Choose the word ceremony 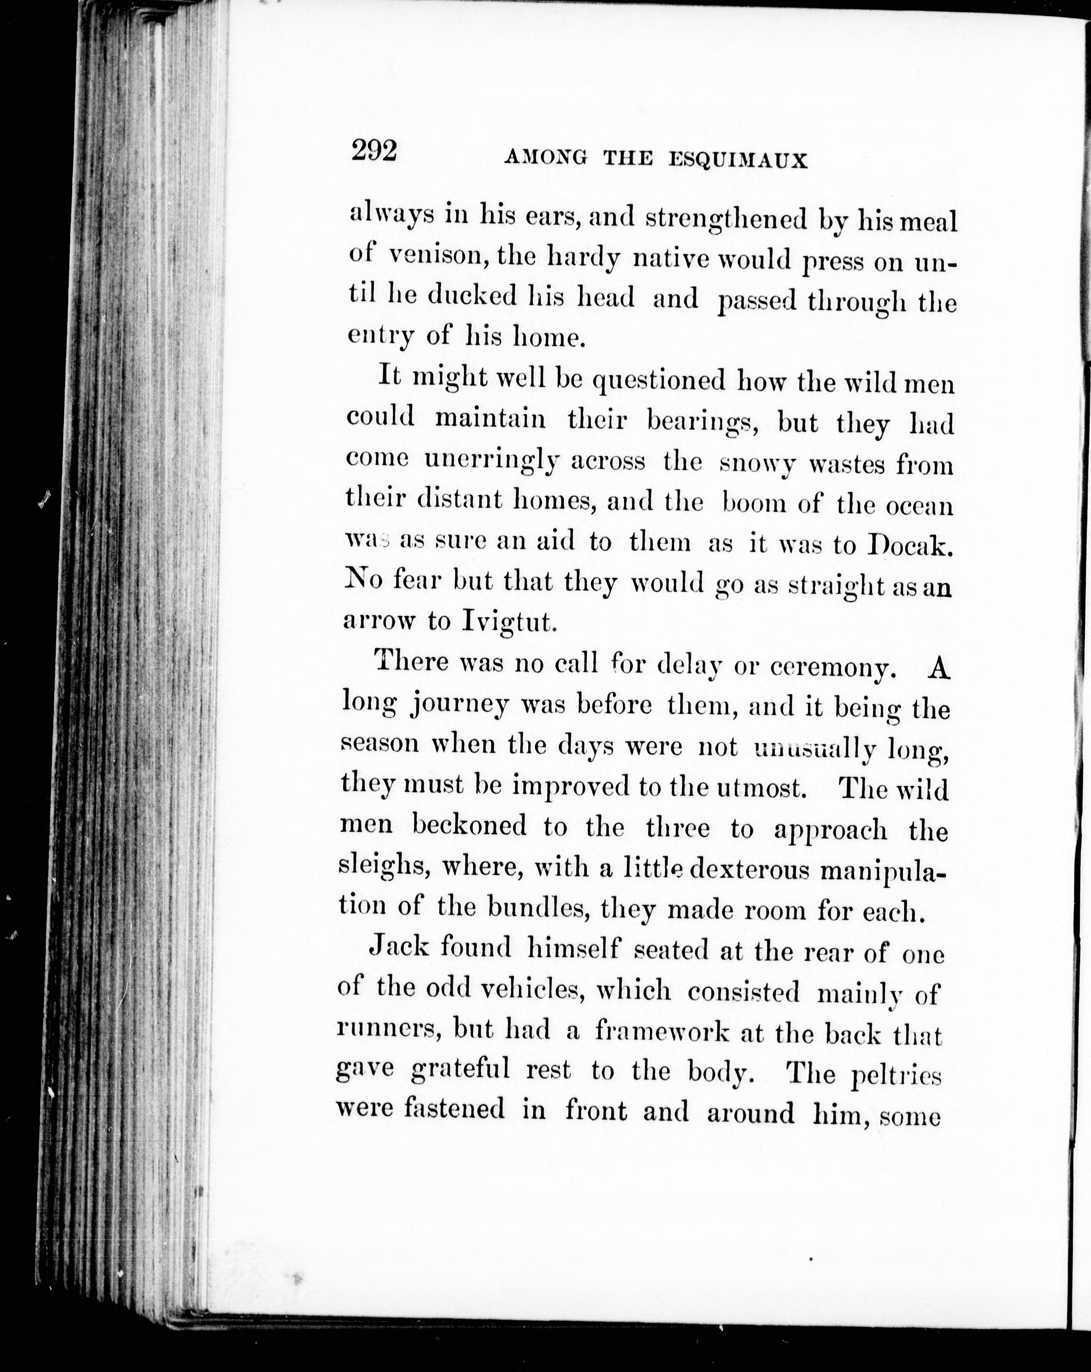pos(833,667)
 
